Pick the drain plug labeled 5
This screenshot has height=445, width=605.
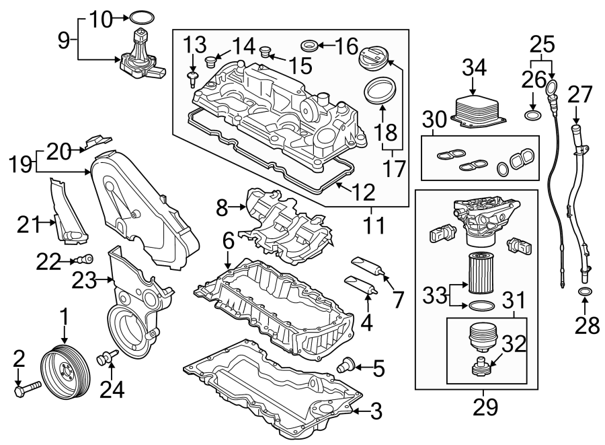348,365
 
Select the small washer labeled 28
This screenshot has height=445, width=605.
585,292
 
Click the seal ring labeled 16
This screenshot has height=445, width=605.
308,46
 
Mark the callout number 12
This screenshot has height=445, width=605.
363,194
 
